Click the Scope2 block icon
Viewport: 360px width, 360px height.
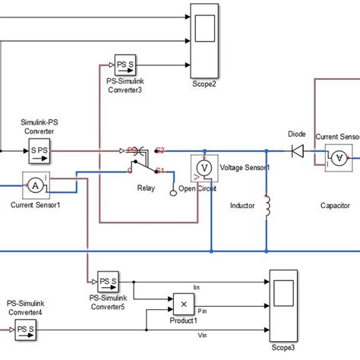(204, 28)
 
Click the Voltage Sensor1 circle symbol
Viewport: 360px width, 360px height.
(203, 167)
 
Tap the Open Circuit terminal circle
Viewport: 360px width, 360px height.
(172, 192)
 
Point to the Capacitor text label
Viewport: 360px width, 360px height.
(334, 205)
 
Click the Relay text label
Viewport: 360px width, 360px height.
(146, 187)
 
